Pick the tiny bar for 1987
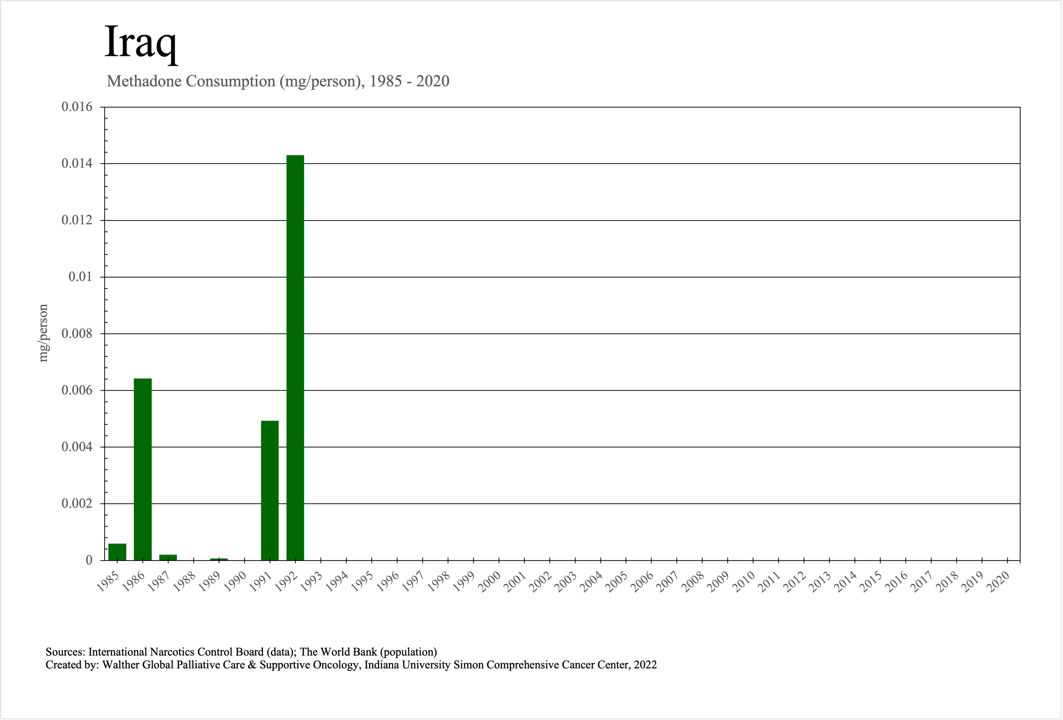tap(168, 557)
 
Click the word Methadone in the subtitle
tap(145, 81)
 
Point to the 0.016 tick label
tap(77, 107)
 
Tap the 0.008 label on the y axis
tap(77, 334)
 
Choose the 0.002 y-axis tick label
tap(77, 504)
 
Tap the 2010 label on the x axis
tap(744, 582)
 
